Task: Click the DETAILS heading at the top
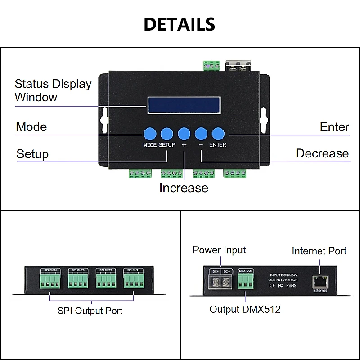click(180, 24)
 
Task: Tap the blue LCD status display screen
click(184, 105)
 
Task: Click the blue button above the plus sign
click(184, 133)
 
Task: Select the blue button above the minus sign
click(201, 133)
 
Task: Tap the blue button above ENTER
click(218, 133)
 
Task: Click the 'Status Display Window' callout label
click(53, 90)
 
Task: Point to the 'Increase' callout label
click(184, 188)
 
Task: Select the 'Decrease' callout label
click(322, 153)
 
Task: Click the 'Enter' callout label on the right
click(334, 127)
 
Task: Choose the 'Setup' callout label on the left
click(32, 154)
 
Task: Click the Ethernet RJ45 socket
click(320, 281)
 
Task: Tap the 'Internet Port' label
click(319, 251)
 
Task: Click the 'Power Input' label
click(219, 250)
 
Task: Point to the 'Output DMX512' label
click(245, 309)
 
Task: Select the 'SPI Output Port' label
click(90, 310)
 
